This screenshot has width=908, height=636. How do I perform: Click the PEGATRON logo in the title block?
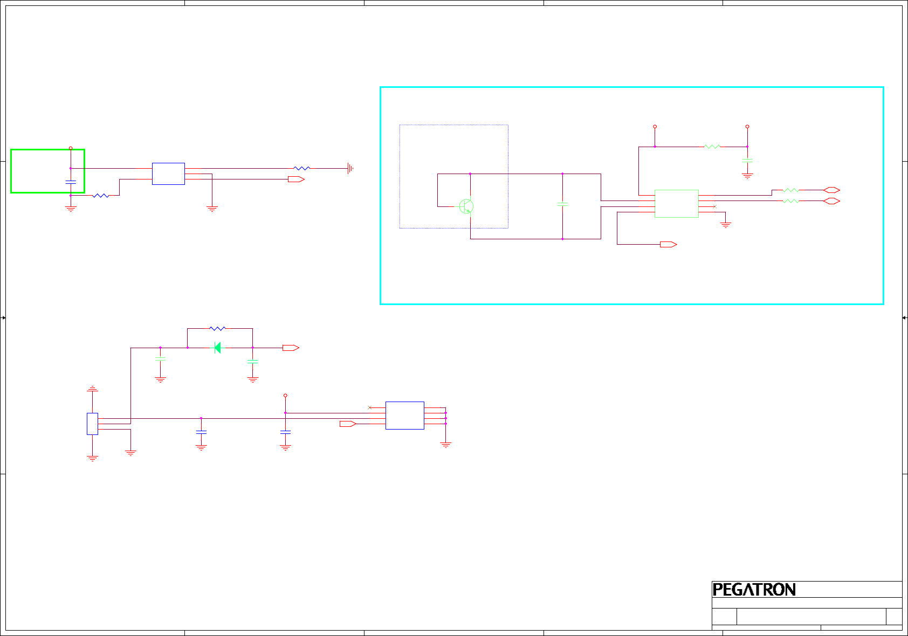(x=754, y=590)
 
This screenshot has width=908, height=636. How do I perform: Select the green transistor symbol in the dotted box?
(x=466, y=206)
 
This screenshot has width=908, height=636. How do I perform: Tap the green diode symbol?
(x=217, y=348)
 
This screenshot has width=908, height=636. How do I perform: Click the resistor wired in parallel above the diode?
(x=217, y=328)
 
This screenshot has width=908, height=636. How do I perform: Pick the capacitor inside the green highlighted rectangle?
(x=71, y=182)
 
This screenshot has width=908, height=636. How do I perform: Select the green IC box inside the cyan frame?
(x=676, y=204)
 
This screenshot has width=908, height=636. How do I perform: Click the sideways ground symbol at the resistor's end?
(x=350, y=169)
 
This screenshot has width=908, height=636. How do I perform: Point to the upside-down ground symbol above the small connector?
(x=93, y=388)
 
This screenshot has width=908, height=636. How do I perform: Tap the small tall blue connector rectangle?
(x=92, y=424)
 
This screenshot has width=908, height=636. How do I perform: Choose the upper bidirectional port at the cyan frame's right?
(x=831, y=190)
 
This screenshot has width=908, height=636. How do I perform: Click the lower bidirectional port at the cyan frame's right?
(x=831, y=201)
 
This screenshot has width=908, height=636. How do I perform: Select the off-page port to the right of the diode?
(x=291, y=348)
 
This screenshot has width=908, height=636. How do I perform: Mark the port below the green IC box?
(x=668, y=244)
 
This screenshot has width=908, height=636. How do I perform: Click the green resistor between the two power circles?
(x=712, y=146)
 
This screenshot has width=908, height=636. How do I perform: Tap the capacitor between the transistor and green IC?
(x=562, y=204)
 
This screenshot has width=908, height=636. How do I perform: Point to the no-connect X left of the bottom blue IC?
(x=369, y=407)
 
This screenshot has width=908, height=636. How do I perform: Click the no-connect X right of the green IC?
(x=714, y=206)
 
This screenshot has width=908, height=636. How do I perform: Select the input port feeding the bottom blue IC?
(x=348, y=424)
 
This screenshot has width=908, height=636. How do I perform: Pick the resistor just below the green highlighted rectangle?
(x=101, y=196)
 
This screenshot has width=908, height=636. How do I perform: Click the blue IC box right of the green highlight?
(x=168, y=174)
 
